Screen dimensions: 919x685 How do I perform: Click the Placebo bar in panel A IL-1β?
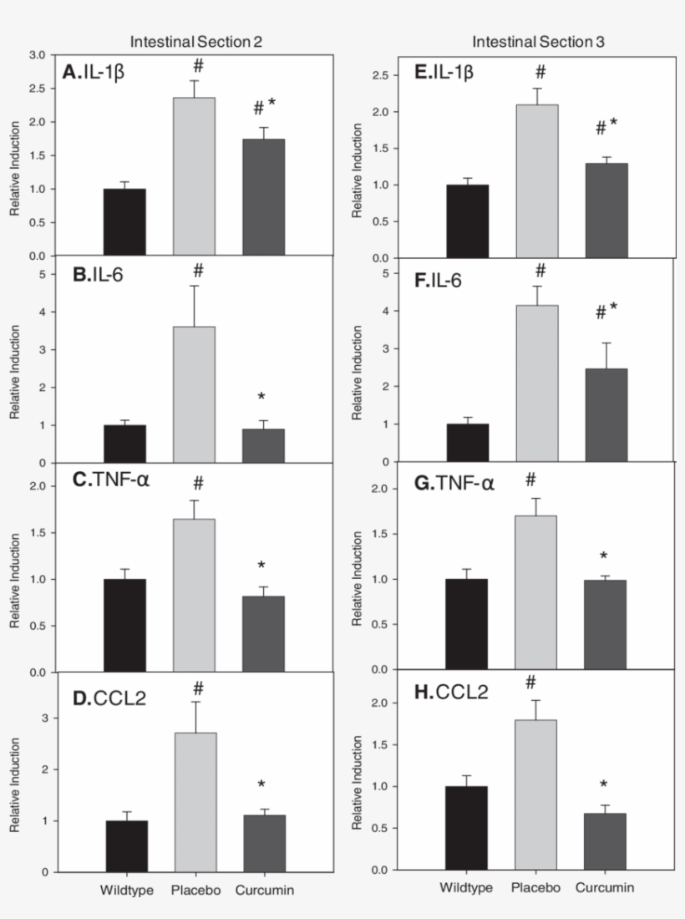194,176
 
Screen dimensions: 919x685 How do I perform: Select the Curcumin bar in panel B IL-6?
263,445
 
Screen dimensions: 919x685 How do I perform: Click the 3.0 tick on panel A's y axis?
37,55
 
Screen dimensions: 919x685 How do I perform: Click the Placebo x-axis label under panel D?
195,891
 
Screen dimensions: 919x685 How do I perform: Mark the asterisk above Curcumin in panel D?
261,784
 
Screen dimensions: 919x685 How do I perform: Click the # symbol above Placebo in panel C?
198,482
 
